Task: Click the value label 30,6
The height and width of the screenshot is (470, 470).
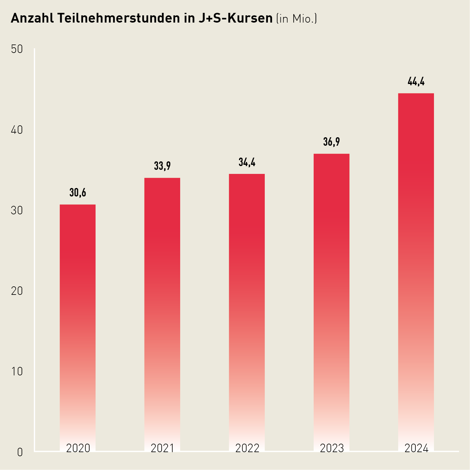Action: (x=78, y=193)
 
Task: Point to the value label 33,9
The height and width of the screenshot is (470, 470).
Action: (x=162, y=166)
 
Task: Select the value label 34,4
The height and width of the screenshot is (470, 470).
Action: (x=247, y=162)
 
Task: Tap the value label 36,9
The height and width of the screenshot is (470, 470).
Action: (x=332, y=142)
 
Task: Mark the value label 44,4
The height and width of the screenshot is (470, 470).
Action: (x=416, y=82)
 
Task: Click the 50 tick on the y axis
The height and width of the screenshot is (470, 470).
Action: (x=17, y=49)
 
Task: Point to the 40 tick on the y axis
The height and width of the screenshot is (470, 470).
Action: (x=17, y=130)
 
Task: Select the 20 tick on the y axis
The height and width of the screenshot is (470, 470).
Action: (x=17, y=291)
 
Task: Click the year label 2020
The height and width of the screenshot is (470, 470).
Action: (x=78, y=448)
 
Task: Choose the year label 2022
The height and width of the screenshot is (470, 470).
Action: (x=247, y=448)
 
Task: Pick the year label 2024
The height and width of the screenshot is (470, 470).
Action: (x=416, y=448)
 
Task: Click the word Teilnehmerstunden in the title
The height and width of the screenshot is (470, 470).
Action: (x=120, y=18)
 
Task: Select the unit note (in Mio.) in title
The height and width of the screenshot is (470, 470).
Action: (x=296, y=19)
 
